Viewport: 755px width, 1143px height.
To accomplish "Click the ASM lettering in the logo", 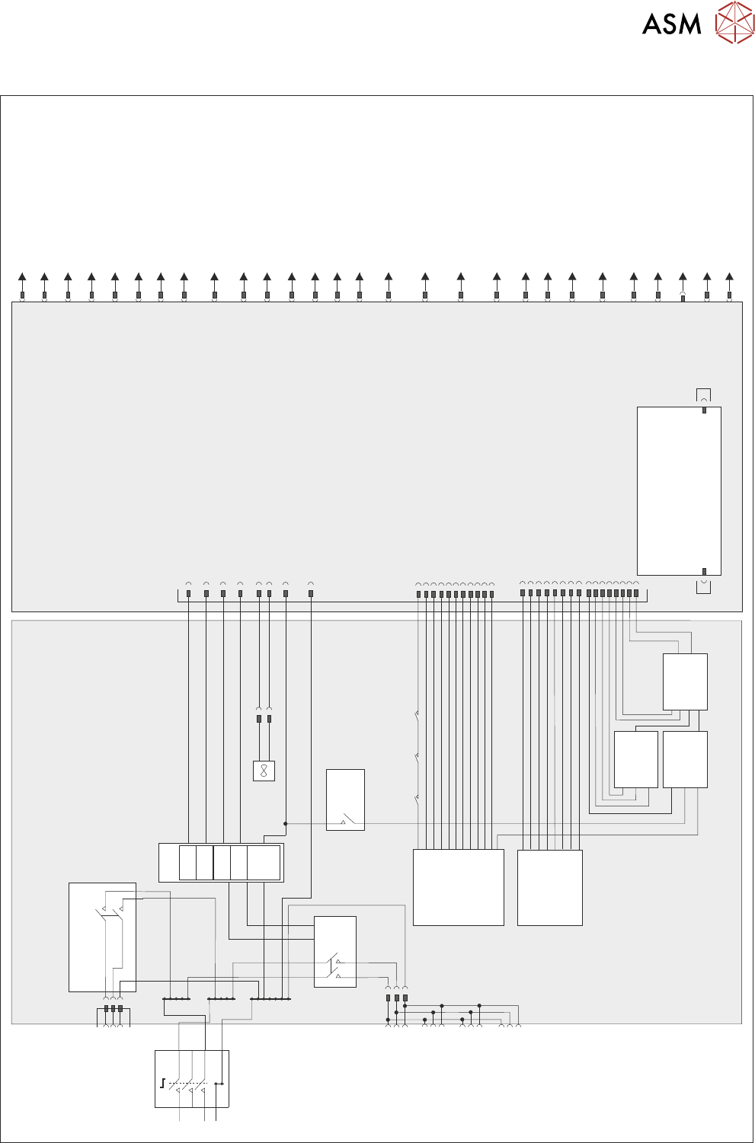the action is pos(671,24).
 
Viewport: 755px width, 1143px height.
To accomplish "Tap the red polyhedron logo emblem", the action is pos(734,22).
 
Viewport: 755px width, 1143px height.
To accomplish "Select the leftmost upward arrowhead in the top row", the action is pos(22,276).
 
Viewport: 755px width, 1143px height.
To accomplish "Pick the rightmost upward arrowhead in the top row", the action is pos(729,276).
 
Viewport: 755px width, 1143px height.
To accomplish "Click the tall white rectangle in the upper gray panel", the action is pos(679,491).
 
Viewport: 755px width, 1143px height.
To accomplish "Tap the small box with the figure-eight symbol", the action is pos(264,771).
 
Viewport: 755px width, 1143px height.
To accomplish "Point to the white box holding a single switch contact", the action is pos(345,800).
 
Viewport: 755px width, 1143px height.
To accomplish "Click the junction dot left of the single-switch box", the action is pos(286,824).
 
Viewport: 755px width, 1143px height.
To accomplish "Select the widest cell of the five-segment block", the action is pos(264,862).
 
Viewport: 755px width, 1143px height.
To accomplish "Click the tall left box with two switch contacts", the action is pos(102,937).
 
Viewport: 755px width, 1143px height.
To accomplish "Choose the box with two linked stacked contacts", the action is pos(335,952).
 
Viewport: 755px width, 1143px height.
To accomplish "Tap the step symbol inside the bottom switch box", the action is pos(162,1084).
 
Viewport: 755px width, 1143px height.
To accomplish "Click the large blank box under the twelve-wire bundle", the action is pos(459,887).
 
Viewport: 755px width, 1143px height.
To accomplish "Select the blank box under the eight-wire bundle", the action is pos(550,888).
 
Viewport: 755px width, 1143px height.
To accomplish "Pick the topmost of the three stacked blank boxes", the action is pos(685,682).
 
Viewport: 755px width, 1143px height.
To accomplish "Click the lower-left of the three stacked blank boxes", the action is pos(635,759).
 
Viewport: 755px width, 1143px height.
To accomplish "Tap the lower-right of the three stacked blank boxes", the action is pos(685,759).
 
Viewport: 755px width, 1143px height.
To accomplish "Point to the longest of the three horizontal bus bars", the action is pos(270,999).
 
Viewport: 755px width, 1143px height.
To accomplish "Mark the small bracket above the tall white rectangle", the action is pos(703,394).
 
